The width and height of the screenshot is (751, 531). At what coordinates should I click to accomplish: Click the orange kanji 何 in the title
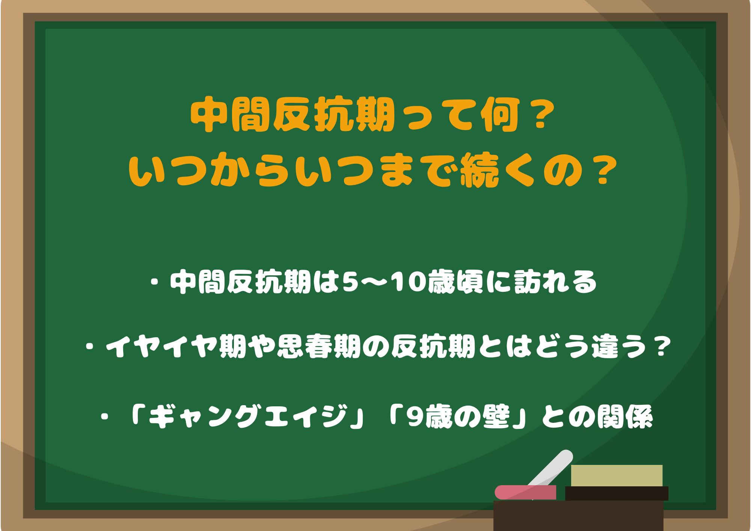501,115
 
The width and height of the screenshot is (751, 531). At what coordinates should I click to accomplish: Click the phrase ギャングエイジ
248,416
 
